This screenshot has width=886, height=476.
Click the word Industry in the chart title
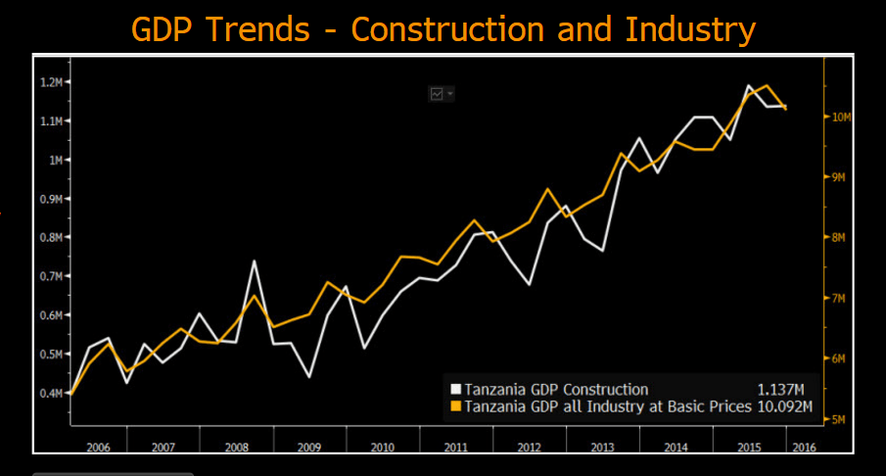tap(692, 29)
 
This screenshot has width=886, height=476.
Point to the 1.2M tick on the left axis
tap(50, 82)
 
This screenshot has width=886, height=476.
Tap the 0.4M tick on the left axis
tap(50, 394)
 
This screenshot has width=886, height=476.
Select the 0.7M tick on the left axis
tap(50, 277)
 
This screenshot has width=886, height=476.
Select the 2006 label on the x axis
tap(98, 447)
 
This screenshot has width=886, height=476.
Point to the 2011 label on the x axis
tap(454, 447)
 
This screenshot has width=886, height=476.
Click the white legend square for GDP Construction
tap(454, 389)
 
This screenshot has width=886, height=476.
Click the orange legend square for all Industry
tap(454, 406)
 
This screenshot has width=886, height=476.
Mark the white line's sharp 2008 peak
tap(255, 261)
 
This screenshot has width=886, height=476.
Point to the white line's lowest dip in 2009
tap(309, 377)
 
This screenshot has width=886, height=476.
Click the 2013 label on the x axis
tap(603, 447)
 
